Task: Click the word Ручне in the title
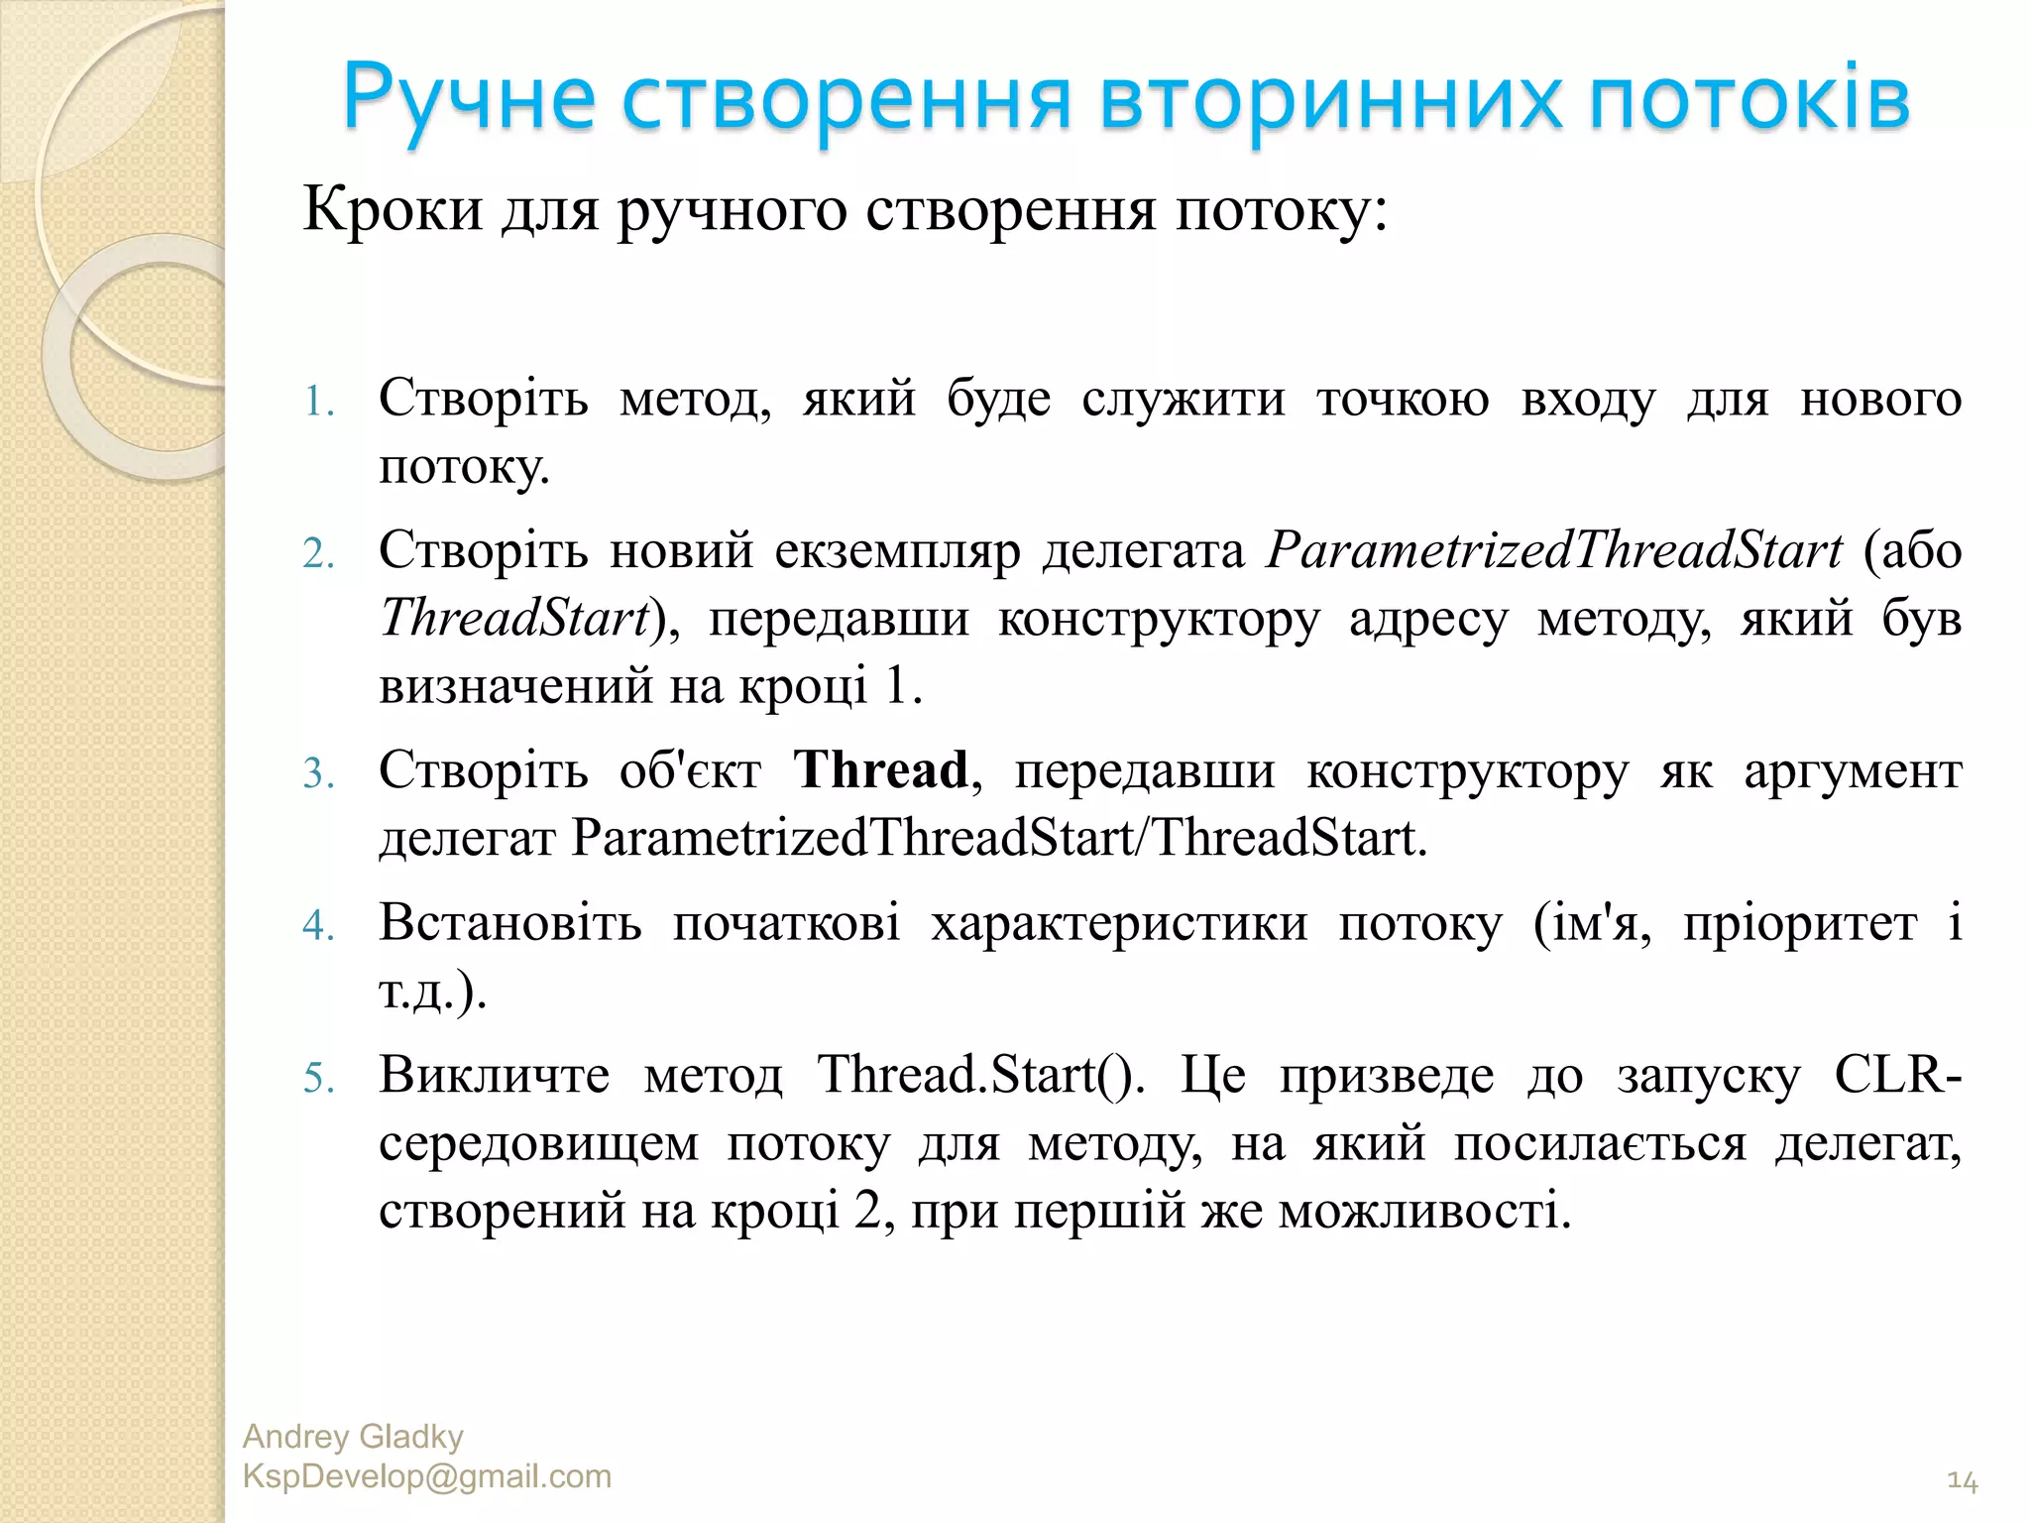coord(469,100)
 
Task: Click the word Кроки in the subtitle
coord(393,209)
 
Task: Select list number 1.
coord(317,402)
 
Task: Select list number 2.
coord(317,553)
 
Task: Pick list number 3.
coord(317,773)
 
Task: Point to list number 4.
coord(317,925)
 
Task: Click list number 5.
coord(317,1078)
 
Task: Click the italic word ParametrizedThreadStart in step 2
coord(1553,550)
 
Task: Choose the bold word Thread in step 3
coord(881,770)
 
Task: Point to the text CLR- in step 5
coord(1897,1075)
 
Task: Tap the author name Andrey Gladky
coord(353,1437)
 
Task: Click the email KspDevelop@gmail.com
coord(426,1476)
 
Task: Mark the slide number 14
coord(1962,1481)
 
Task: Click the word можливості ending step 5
coord(1423,1211)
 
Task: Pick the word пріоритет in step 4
coord(1800,923)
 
